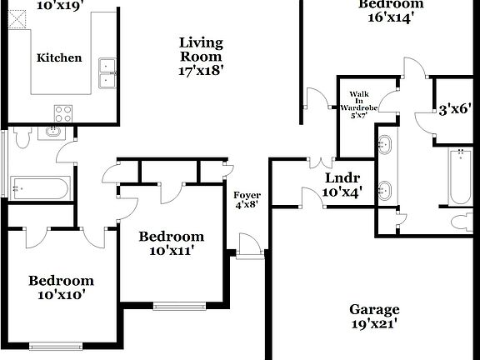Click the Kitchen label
tap(59, 57)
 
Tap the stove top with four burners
tap(63, 112)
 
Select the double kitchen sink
tap(107, 73)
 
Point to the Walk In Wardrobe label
tap(359, 104)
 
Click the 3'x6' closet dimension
tap(455, 107)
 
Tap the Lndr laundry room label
tap(342, 184)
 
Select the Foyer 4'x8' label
tap(247, 199)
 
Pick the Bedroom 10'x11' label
tap(171, 242)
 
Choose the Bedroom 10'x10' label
tap(61, 287)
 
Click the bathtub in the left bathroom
tap(40, 188)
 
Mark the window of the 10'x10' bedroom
tap(56, 345)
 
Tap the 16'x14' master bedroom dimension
tap(386, 16)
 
